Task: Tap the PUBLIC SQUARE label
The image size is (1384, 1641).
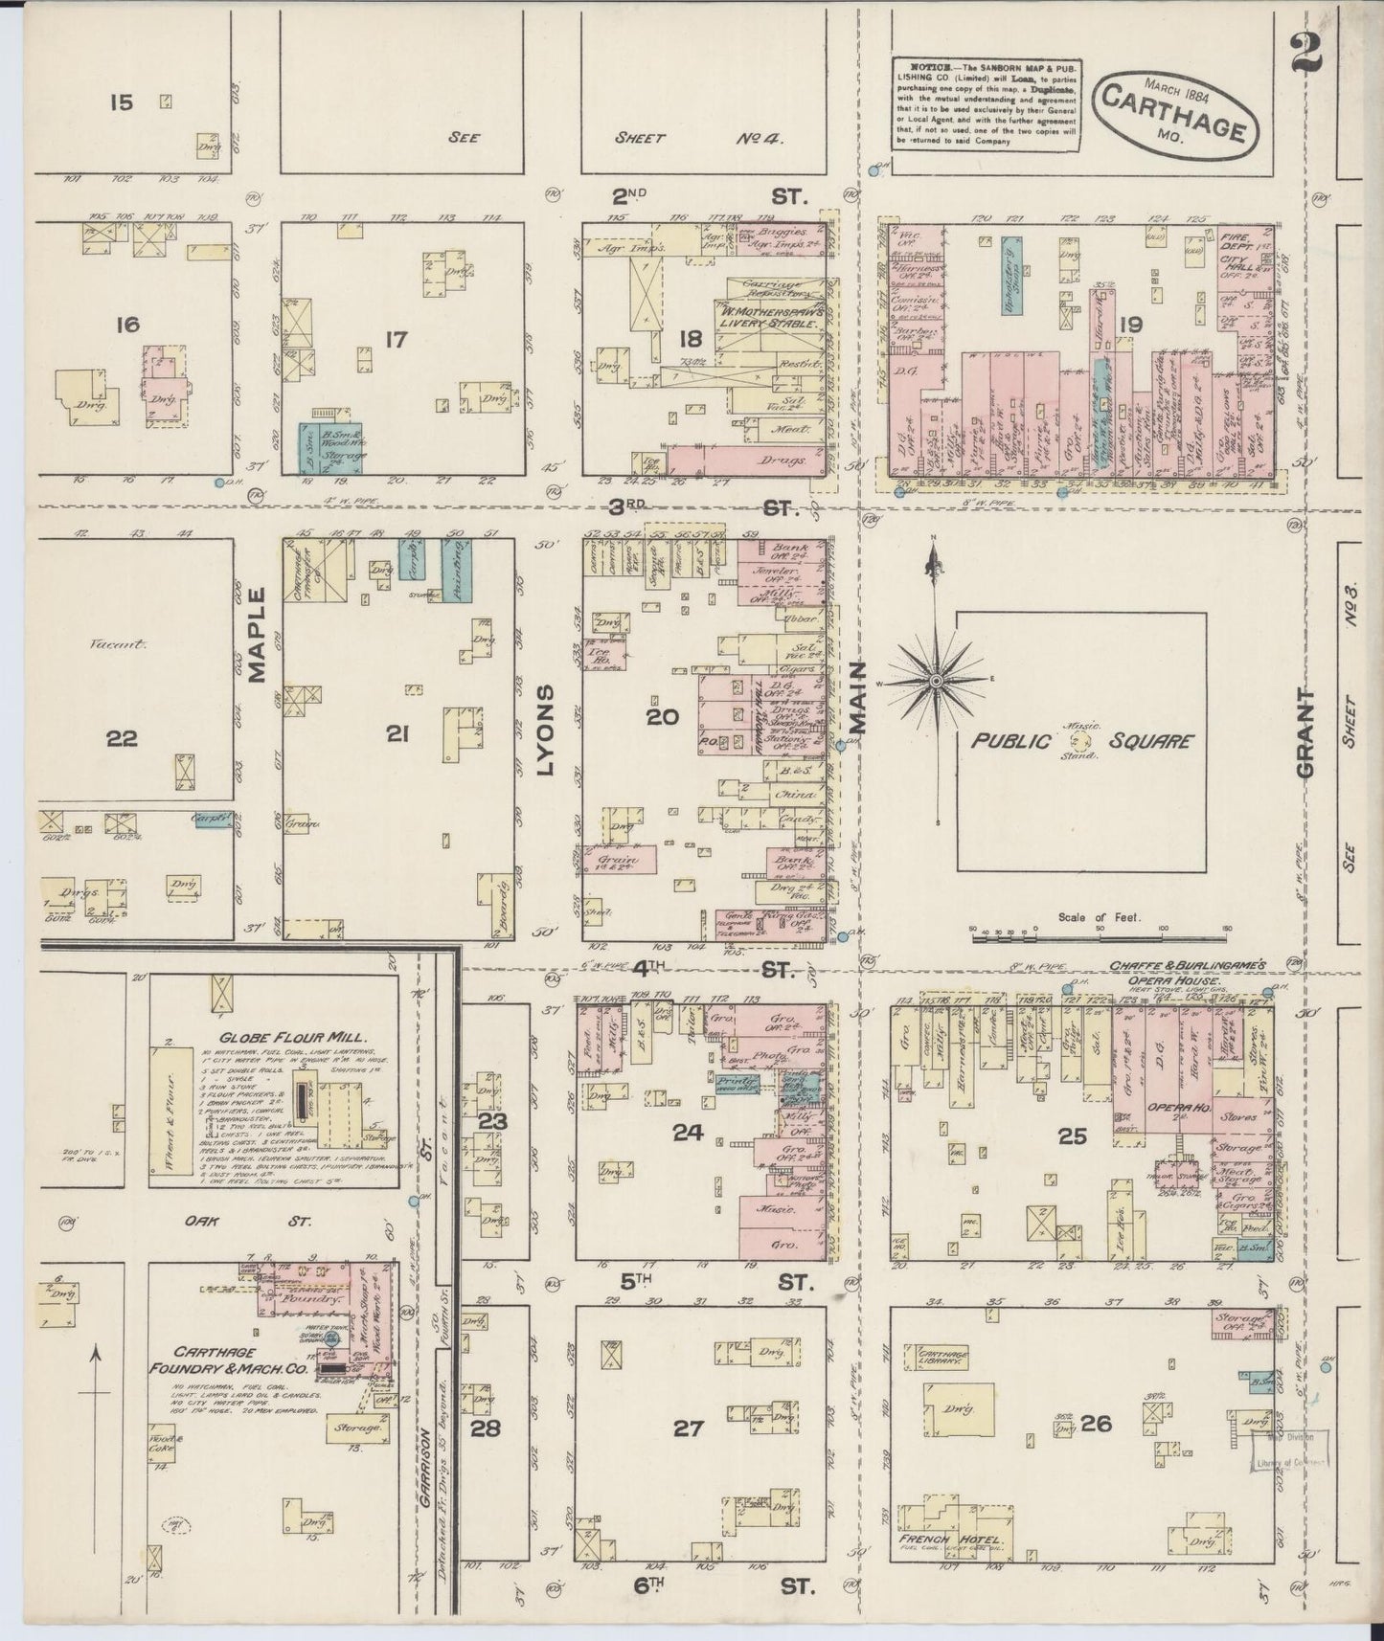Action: click(x=1083, y=740)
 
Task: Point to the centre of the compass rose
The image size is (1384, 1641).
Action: click(x=935, y=680)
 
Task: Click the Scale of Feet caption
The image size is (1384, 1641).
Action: click(x=1099, y=916)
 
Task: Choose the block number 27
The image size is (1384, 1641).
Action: click(x=688, y=1428)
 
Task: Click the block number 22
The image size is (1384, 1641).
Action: click(x=123, y=738)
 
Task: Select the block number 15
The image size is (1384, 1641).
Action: click(x=122, y=101)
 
